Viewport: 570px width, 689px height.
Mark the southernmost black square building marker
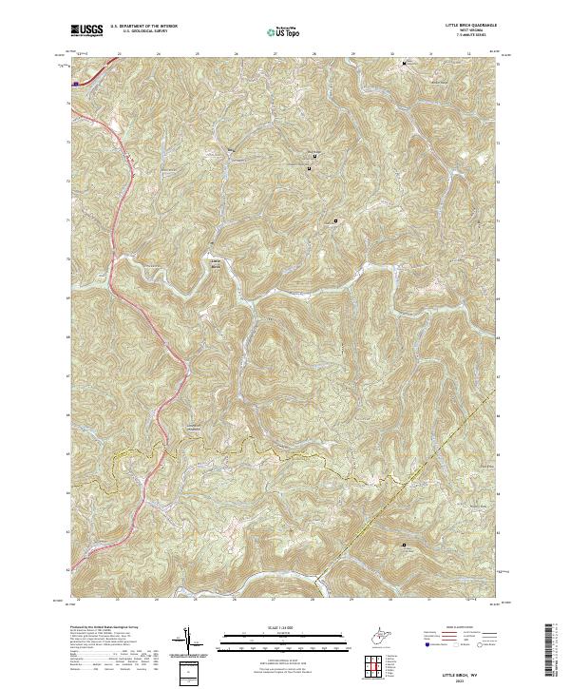click(x=404, y=545)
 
